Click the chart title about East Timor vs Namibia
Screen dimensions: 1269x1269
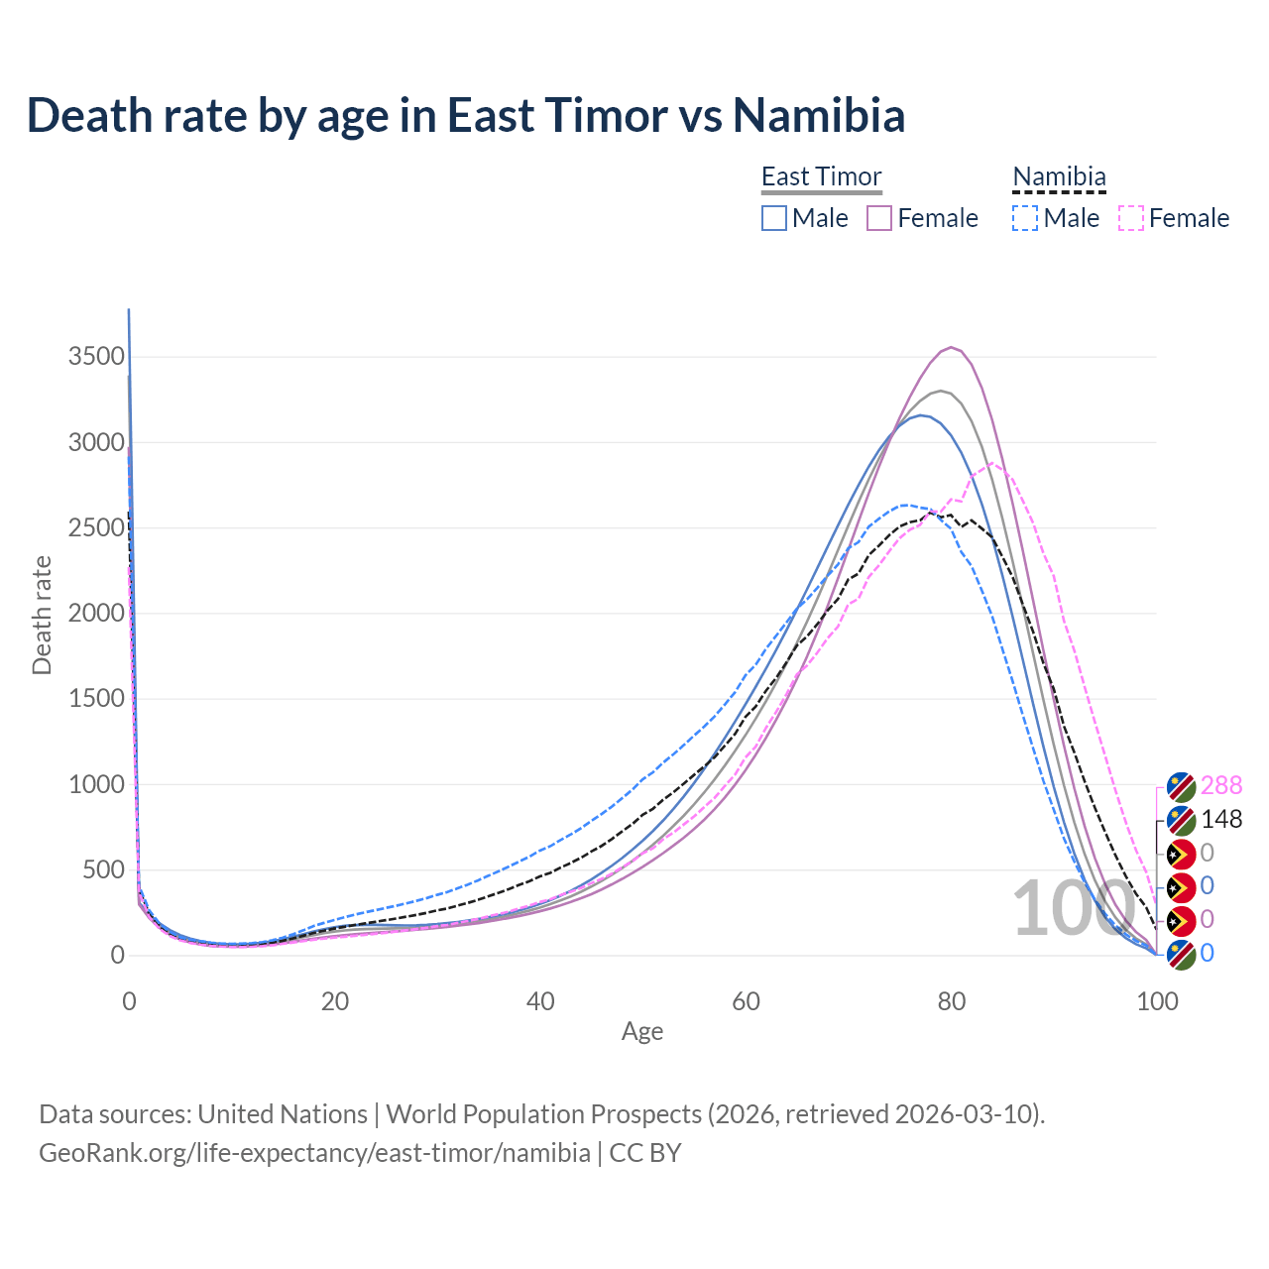click(x=466, y=115)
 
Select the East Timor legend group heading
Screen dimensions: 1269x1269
click(x=821, y=176)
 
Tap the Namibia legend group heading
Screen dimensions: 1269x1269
click(x=1059, y=176)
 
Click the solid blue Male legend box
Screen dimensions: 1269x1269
click(x=774, y=218)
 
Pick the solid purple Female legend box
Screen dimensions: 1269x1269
click(x=879, y=218)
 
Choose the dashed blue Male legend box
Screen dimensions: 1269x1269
click(x=1025, y=218)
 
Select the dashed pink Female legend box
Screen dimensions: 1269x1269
click(x=1131, y=218)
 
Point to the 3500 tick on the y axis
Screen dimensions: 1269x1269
click(x=96, y=357)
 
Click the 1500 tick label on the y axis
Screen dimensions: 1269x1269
click(x=96, y=699)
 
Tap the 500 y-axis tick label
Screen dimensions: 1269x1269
click(x=103, y=870)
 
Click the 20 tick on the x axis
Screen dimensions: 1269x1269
click(x=335, y=1001)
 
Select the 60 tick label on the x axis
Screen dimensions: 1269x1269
click(x=747, y=1001)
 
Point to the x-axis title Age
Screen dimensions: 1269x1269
click(x=642, y=1032)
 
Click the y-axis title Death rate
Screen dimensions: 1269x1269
click(x=42, y=615)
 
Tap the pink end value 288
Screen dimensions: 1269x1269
click(x=1220, y=786)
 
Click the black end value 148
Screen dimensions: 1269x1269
click(x=1220, y=820)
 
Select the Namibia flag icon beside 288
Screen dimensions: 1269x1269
click(x=1181, y=787)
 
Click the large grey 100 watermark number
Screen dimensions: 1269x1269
click(x=1073, y=908)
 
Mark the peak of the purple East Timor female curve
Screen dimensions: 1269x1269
click(x=952, y=347)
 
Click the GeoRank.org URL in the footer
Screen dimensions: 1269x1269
click(x=314, y=1153)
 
